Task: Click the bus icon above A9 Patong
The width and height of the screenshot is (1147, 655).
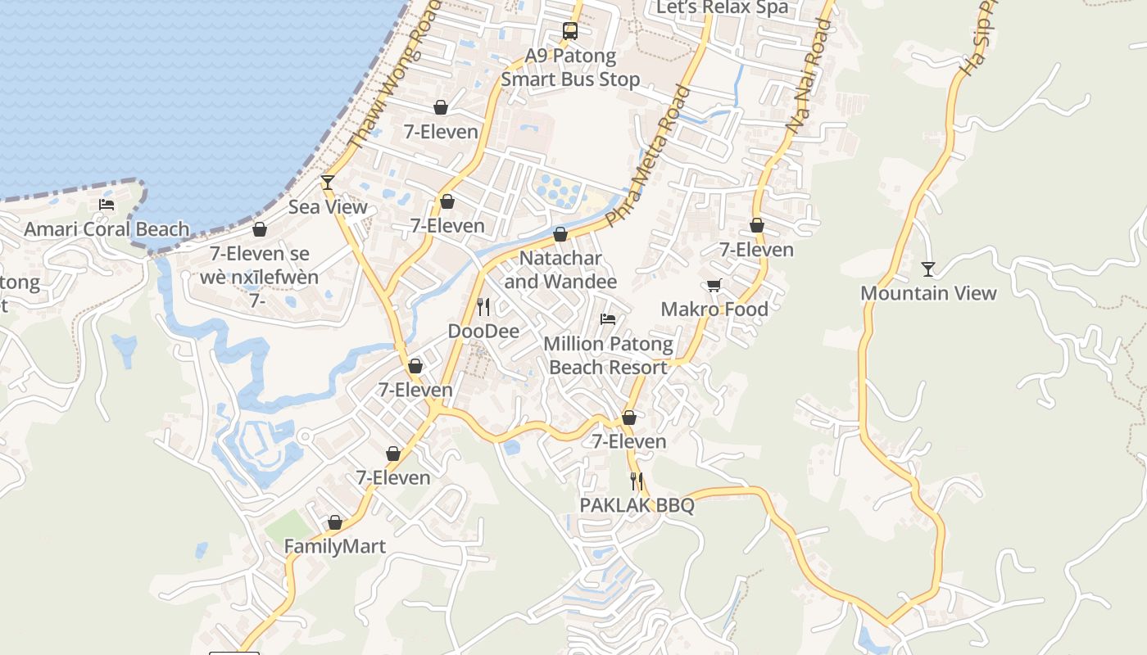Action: (x=569, y=31)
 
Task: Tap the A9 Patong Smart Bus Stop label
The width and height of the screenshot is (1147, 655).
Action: (x=570, y=68)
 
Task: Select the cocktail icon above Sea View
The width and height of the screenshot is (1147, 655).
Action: (x=328, y=183)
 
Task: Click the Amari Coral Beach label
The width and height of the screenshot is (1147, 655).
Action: (x=107, y=229)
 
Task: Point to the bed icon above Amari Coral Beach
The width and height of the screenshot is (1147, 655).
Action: (x=107, y=205)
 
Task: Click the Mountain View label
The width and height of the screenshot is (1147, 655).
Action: (x=928, y=293)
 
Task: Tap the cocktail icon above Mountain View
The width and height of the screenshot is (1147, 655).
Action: (x=927, y=269)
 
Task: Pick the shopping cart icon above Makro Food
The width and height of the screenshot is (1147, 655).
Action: (x=714, y=285)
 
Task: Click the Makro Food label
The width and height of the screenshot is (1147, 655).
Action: (x=714, y=309)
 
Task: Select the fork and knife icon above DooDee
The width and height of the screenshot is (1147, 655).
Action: (x=483, y=307)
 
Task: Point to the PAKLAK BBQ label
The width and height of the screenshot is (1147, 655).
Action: (x=637, y=505)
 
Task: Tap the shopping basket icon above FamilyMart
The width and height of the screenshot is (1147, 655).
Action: (x=334, y=522)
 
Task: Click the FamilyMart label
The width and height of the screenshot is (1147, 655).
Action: (x=334, y=546)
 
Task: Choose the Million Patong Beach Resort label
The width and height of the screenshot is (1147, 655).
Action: (x=608, y=355)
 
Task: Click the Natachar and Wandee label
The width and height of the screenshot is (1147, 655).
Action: (x=560, y=269)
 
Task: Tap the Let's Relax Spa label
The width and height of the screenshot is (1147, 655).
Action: (x=723, y=8)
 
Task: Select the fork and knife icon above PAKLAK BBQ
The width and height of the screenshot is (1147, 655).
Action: (x=637, y=481)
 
